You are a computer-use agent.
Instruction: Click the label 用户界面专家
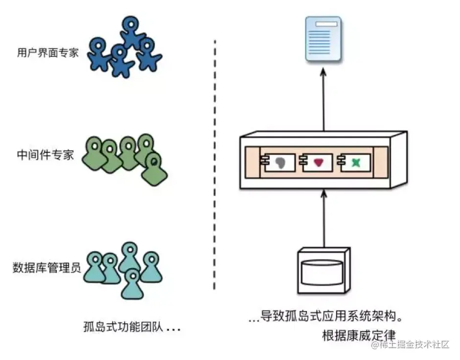point(48,53)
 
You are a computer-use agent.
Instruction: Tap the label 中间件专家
point(45,155)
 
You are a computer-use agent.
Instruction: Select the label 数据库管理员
point(46,267)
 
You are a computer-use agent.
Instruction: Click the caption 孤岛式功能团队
point(123,327)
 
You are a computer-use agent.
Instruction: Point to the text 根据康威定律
point(359,336)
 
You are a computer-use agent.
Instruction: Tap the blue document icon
point(323,39)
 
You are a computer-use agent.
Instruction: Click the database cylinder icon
point(323,270)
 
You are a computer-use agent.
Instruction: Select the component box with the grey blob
point(277,163)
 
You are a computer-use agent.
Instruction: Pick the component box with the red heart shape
point(316,163)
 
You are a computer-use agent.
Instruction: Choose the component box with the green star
point(353,163)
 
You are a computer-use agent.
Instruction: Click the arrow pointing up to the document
point(323,99)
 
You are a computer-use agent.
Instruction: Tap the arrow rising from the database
point(323,219)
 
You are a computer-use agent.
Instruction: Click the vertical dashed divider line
point(215,165)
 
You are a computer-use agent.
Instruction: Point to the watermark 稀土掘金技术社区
point(410,344)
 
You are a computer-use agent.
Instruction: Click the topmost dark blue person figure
point(131,31)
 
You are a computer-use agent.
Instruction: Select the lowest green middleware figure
point(154,169)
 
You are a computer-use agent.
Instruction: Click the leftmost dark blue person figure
point(99,54)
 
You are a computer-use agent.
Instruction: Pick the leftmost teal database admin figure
point(95,267)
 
